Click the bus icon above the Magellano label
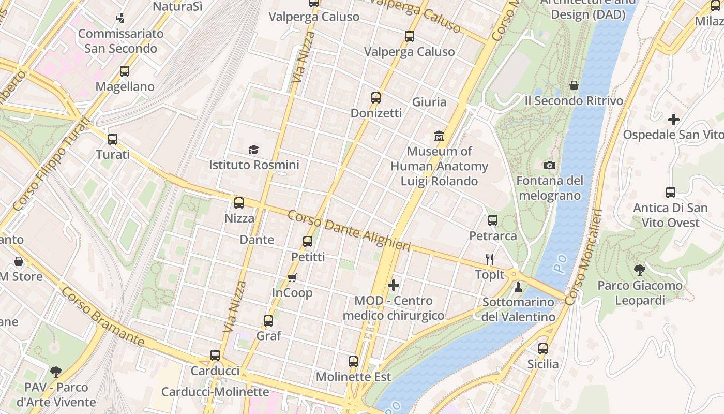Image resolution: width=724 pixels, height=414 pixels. coord(125,71)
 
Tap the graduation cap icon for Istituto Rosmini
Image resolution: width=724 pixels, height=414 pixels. coord(253,150)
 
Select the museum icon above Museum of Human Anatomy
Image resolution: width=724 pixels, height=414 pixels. coord(439,136)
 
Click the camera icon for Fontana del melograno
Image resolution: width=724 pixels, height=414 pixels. coord(550,166)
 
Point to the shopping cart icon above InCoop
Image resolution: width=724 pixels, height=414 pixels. coord(292,278)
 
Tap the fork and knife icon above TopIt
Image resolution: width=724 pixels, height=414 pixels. coord(490,259)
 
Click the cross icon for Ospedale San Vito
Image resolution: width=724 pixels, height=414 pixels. coord(673,120)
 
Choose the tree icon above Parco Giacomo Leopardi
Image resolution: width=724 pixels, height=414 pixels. coord(640,270)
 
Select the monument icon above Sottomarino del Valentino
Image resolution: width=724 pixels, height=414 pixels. coord(518,287)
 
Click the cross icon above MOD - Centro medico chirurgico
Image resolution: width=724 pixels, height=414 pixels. coord(394,285)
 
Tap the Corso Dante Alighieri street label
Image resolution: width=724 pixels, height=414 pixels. coord(349,230)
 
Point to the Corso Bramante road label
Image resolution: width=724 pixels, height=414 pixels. coord(102,317)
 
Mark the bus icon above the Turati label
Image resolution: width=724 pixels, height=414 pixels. coord(113,139)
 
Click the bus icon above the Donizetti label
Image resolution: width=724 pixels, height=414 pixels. coord(376,97)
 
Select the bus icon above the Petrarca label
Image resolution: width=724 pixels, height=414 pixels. coord(493,220)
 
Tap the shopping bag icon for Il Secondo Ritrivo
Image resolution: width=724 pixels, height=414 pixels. coord(574,85)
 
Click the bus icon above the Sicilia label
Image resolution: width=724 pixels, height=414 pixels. coord(542,349)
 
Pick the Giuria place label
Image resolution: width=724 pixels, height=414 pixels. coord(429,102)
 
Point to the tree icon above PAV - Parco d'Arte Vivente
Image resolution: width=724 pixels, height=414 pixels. coord(56,372)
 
